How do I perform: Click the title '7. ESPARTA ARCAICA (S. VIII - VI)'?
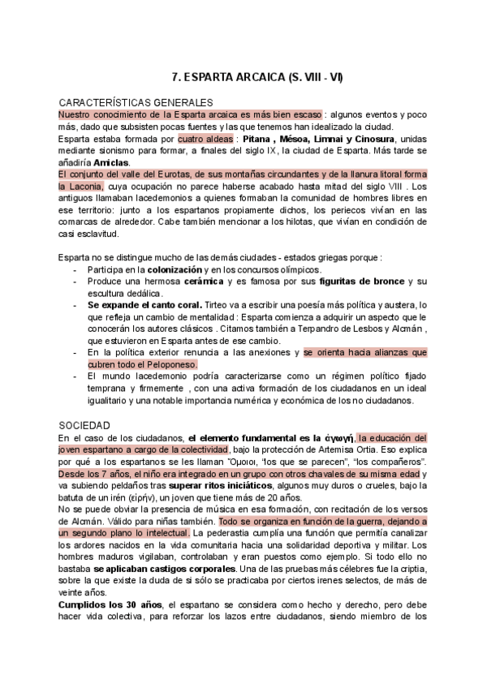tap(257, 78)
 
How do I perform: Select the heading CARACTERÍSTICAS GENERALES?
tap(136, 103)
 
